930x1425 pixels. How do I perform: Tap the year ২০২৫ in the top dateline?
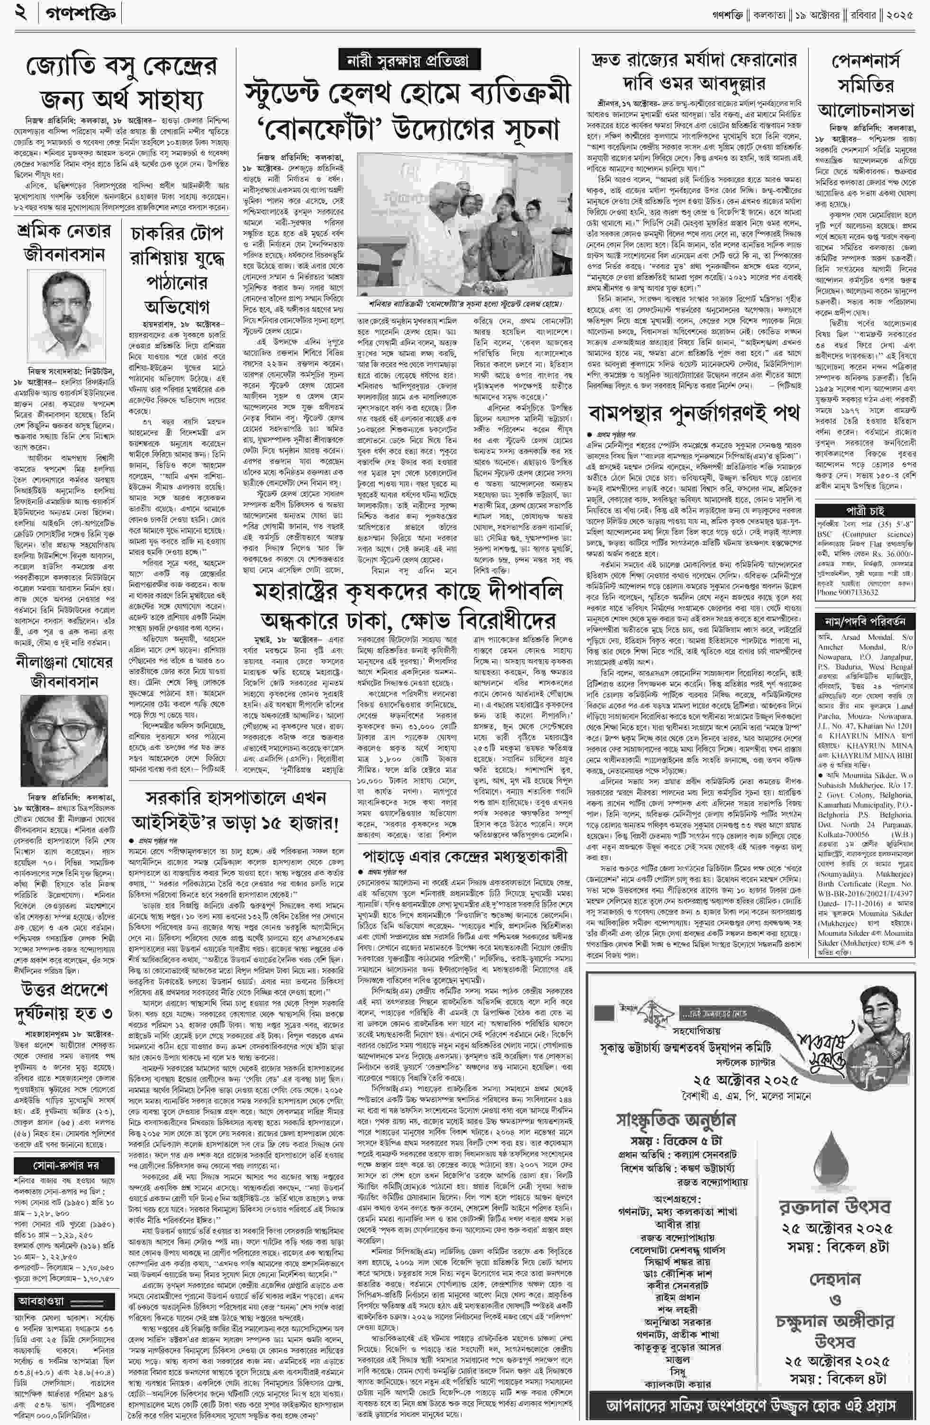[900, 13]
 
